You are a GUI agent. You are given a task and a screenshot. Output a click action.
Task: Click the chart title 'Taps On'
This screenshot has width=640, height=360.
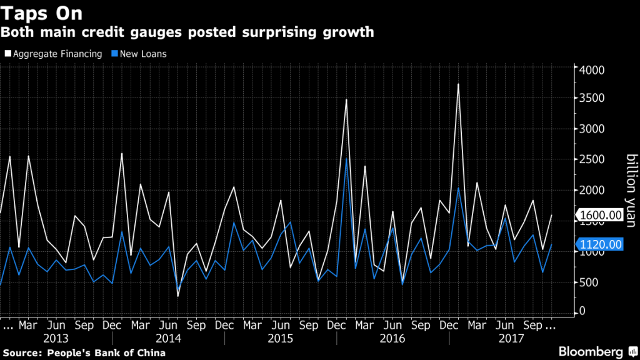(x=42, y=13)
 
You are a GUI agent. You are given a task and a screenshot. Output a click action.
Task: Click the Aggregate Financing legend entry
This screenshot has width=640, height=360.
(x=53, y=54)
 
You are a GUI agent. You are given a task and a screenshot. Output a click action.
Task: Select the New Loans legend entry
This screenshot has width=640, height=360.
(x=140, y=54)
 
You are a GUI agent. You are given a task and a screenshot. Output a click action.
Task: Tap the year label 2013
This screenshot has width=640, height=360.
(x=57, y=338)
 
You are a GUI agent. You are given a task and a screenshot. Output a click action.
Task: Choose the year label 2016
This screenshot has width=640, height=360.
(x=392, y=338)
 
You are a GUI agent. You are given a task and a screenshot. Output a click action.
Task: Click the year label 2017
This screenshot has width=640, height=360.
(x=504, y=338)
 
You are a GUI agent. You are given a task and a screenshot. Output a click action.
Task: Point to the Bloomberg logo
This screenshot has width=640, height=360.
(x=591, y=351)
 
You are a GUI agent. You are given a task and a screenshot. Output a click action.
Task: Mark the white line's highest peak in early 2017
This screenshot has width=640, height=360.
(x=459, y=84)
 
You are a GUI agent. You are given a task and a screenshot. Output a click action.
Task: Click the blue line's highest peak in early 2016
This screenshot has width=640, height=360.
(x=346, y=157)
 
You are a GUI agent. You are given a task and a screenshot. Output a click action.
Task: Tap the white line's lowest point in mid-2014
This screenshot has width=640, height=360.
(x=177, y=296)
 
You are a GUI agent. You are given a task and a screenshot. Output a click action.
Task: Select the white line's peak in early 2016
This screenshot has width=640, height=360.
(x=346, y=99)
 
